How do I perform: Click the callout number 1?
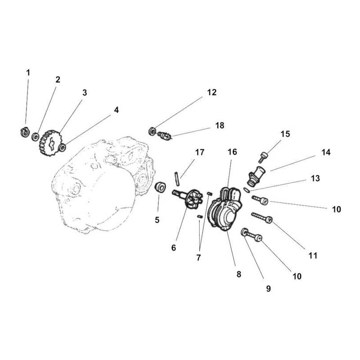pyautogui.click(x=28, y=73)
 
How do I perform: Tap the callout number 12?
pyautogui.click(x=211, y=92)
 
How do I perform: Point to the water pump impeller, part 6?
pyautogui.click(x=188, y=198)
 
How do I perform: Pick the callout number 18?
pyautogui.click(x=220, y=126)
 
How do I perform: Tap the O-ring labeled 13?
pyautogui.click(x=247, y=190)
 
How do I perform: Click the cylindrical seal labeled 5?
pyautogui.click(x=160, y=187)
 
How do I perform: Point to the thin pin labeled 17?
pyautogui.click(x=177, y=179)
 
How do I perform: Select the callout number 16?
pyautogui.click(x=232, y=152)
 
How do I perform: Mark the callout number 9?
pyautogui.click(x=268, y=288)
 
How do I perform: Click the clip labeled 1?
pyautogui.click(x=25, y=132)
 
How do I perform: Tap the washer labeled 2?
pyautogui.click(x=36, y=137)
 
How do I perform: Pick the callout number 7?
pyautogui.click(x=198, y=257)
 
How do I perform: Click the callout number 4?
pyautogui.click(x=117, y=110)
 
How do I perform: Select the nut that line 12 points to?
pyautogui.click(x=152, y=131)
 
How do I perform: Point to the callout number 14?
pyautogui.click(x=326, y=152)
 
